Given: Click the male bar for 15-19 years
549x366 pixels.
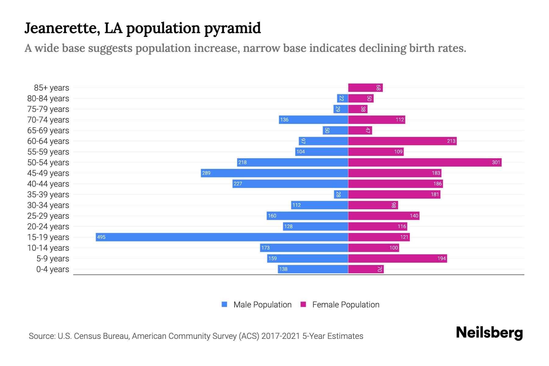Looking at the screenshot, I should click(222, 237).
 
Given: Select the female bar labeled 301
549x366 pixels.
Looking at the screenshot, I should click(425, 162).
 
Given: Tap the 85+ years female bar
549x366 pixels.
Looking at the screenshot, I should click(365, 88).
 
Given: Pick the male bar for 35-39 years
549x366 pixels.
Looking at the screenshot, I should click(341, 194).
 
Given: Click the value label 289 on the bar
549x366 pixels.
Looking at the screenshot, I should click(206, 173).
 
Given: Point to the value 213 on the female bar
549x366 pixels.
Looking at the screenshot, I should click(451, 141).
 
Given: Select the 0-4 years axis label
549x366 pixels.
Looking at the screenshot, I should click(52, 269).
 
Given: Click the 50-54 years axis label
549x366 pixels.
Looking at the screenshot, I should click(48, 162).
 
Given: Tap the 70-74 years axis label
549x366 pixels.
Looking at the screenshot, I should click(48, 120).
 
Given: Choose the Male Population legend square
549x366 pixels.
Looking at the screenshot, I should click(224, 304).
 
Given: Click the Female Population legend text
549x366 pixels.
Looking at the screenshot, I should click(346, 304).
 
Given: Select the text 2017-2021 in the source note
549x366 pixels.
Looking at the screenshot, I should click(281, 336).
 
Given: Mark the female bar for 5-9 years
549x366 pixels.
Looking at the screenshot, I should click(397, 258).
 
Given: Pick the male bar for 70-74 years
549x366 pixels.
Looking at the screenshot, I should click(314, 120).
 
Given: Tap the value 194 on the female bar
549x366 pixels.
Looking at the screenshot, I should click(441, 258).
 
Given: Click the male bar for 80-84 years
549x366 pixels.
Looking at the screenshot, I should click(343, 98).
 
